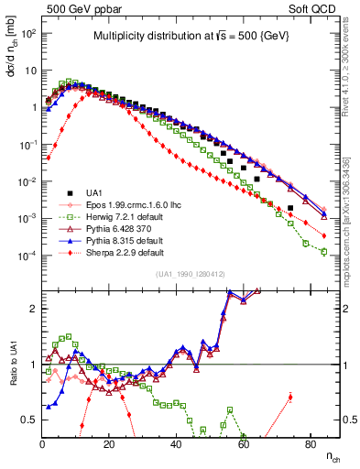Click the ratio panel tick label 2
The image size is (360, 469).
coord(32,309)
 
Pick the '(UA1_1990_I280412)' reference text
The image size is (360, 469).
coord(191,274)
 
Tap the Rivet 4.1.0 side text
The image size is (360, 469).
coord(353,74)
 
